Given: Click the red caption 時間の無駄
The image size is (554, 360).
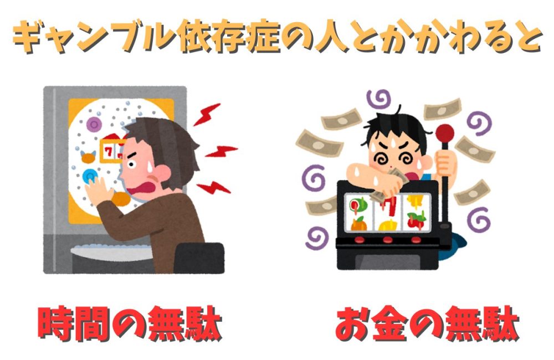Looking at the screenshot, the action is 130,323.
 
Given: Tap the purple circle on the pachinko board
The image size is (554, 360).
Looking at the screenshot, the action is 94,124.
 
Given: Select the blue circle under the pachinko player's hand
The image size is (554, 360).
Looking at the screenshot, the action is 89,176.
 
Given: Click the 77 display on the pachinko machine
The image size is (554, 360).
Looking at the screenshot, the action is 112,151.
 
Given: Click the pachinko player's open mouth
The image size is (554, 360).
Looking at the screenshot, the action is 142,187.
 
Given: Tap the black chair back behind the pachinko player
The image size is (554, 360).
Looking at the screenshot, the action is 199,258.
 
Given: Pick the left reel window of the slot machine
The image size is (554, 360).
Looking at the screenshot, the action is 358,213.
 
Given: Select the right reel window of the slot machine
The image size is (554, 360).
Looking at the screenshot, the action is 417,213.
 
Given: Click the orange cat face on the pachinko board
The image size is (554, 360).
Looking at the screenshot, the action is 88,157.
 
